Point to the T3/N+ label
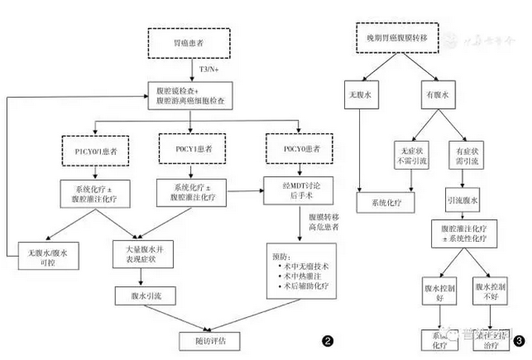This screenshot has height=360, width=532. point(209,70)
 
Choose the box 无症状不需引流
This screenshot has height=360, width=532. point(408,153)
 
